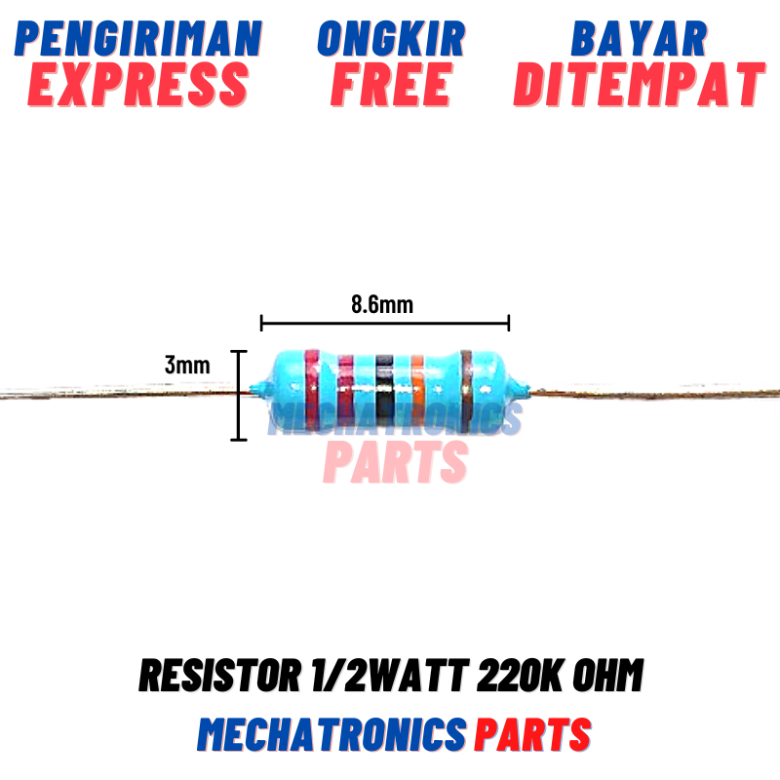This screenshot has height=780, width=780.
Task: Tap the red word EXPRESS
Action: click(x=138, y=85)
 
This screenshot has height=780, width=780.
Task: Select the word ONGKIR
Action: click(x=391, y=39)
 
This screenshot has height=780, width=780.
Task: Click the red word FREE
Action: click(x=391, y=85)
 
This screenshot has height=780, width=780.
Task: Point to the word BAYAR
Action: click(x=639, y=39)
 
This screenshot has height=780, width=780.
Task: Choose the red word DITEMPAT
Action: click(x=639, y=85)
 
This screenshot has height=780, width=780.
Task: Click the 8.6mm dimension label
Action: click(x=382, y=304)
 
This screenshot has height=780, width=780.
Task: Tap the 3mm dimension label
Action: click(x=187, y=366)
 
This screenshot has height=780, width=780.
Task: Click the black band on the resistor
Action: click(x=384, y=390)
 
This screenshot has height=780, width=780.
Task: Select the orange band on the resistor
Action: click(x=417, y=390)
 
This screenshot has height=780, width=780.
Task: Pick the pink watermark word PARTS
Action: click(x=395, y=462)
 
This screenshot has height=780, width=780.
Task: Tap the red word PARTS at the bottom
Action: click(x=533, y=733)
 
